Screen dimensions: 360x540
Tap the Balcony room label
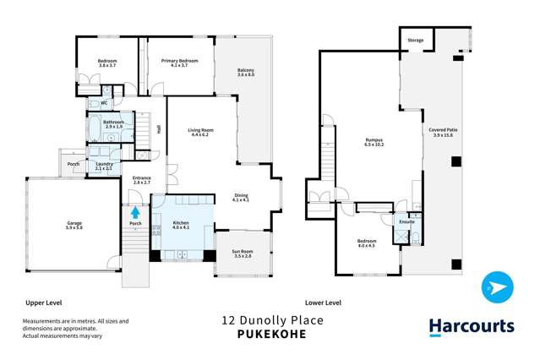click(246, 73)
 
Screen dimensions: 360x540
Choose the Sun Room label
click(242, 253)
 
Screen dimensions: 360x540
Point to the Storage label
click(415, 40)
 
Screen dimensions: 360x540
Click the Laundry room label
click(105, 166)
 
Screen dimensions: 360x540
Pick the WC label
click(103, 103)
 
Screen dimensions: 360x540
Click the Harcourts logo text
click(471, 327)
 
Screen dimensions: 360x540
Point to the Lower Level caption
click(323, 302)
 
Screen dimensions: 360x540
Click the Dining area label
click(241, 197)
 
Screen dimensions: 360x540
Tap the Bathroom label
click(114, 123)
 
